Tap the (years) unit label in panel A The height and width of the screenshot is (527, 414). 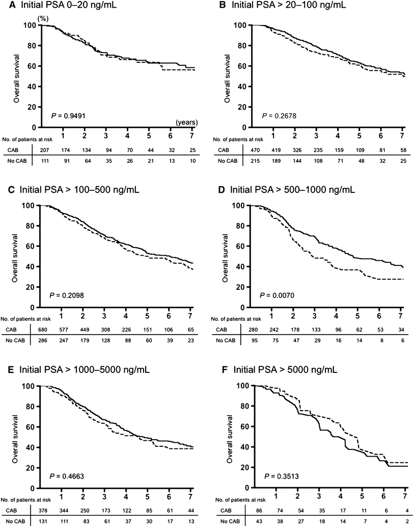(x=187, y=122)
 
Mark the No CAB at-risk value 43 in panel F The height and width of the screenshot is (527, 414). (x=253, y=521)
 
